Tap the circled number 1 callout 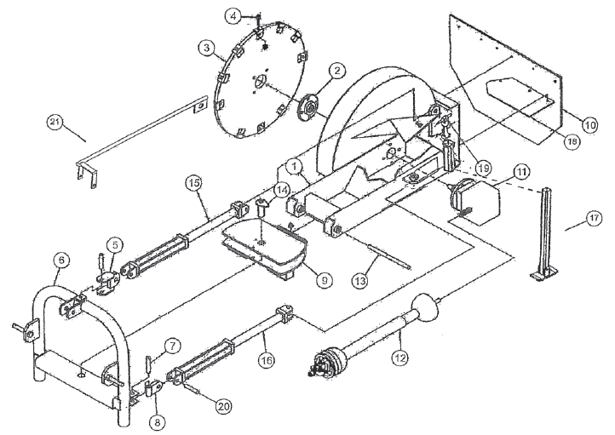point(292,163)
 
